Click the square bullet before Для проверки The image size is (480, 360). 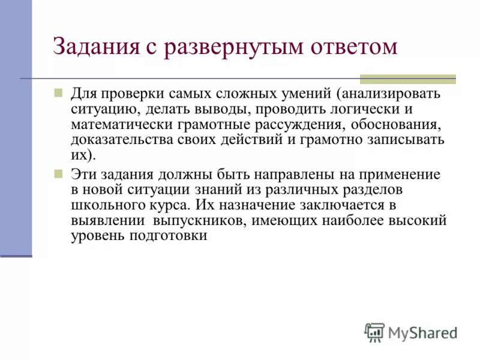click(58, 94)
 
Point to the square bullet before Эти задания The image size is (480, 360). click(58, 174)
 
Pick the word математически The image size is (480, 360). click(114, 125)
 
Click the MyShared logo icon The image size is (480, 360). click(374, 332)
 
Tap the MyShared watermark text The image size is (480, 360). click(423, 332)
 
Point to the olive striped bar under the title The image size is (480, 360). click(407, 79)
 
